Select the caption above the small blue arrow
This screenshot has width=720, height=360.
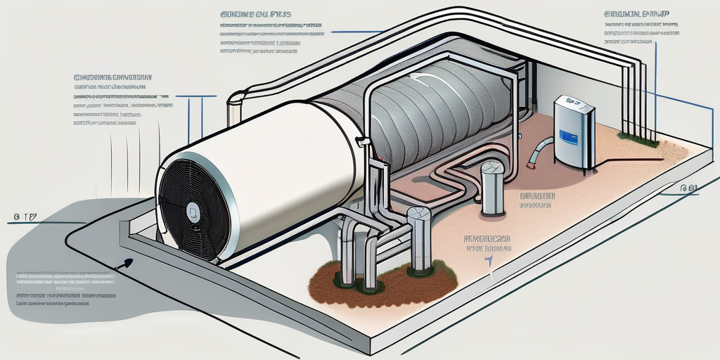click(487, 243)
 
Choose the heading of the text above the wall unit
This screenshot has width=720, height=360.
click(637, 13)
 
